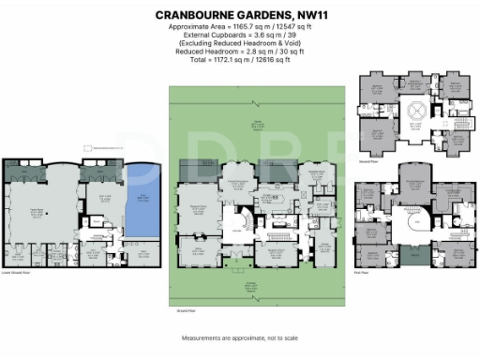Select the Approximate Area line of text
tap(240, 29)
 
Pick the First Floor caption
tap(365, 272)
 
